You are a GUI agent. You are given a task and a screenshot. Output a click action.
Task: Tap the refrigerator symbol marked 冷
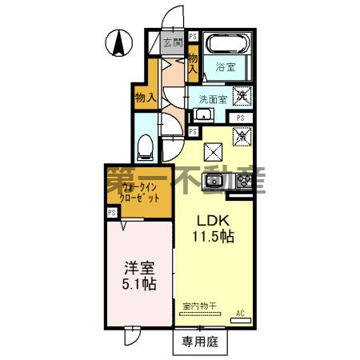[242, 137]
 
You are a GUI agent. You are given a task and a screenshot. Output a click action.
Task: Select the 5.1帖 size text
[139, 284]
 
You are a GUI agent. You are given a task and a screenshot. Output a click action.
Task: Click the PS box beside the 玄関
[194, 37]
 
